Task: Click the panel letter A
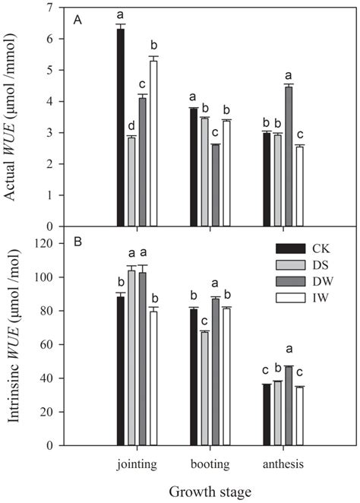click(77, 21)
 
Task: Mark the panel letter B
click(77, 244)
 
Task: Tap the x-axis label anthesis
click(283, 460)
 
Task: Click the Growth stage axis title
click(205, 492)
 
